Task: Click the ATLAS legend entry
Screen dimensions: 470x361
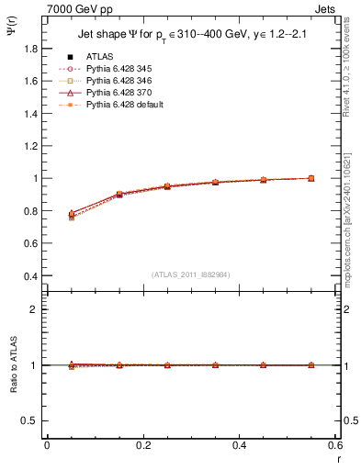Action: click(98, 56)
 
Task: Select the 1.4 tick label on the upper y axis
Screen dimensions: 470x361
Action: click(31, 129)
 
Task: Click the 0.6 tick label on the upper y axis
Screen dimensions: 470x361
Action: click(31, 228)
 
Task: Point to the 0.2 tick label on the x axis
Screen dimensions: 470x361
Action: click(142, 444)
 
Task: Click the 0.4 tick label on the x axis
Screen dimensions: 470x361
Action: click(239, 444)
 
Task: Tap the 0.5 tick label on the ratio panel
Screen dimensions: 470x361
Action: click(31, 420)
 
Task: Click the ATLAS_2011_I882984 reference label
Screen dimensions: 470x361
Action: click(191, 274)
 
